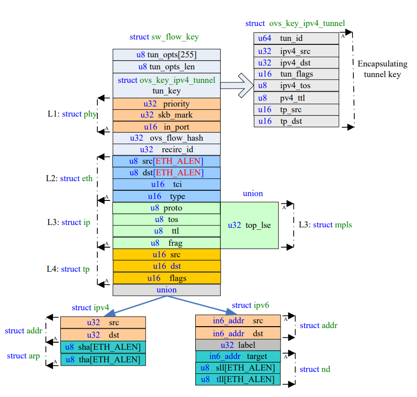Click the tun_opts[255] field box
tap(166, 55)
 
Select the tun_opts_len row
tap(166, 66)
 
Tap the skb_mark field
tap(166, 115)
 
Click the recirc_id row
tap(166, 149)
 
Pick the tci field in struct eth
tap(166, 185)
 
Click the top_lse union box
tap(249, 225)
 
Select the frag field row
tap(166, 243)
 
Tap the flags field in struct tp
tap(166, 278)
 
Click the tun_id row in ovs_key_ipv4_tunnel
tap(296, 39)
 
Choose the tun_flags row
tap(296, 74)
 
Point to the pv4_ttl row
tap(296, 98)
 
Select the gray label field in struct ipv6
tap(238, 345)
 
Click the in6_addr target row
tap(238, 357)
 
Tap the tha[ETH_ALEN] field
tap(103, 359)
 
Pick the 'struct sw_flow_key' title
tap(164, 37)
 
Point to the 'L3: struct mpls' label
tap(325, 225)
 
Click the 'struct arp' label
tap(24, 356)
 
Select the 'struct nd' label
tap(315, 369)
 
